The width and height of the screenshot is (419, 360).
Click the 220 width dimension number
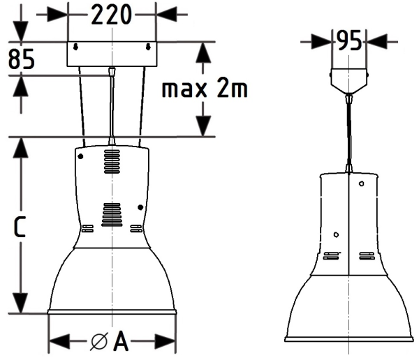[112, 15]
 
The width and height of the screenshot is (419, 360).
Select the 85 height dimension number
[22, 60]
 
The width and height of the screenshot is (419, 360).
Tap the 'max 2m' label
[204, 89]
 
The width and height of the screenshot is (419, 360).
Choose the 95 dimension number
[348, 41]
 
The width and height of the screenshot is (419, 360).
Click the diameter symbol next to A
[99, 342]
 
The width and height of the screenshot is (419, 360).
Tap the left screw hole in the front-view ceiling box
[76, 47]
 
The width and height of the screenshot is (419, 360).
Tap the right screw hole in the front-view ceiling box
[149, 47]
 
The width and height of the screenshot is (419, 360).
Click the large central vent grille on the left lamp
[112, 214]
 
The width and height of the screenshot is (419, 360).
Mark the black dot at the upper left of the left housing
[82, 157]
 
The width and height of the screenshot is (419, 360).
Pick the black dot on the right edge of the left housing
[142, 207]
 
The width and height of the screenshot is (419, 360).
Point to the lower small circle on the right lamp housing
[336, 234]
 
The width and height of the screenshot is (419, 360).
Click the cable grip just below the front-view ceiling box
[112, 71]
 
